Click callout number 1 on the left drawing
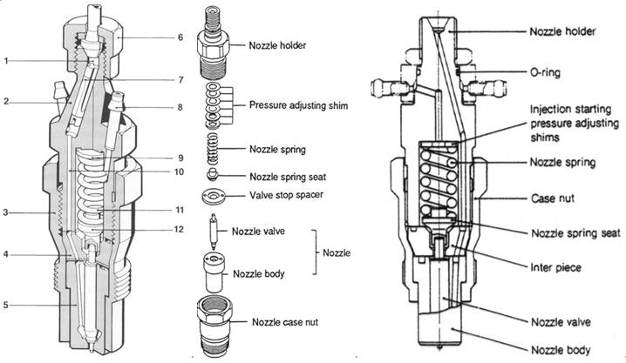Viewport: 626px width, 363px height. [6, 60]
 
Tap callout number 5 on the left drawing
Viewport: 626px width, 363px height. [6, 305]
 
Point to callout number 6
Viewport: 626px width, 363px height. [180, 37]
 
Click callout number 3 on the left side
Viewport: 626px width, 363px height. [6, 211]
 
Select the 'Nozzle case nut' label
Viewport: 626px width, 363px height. [284, 323]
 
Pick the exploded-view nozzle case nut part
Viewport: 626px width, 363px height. [214, 323]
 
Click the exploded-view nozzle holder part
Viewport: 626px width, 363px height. [214, 44]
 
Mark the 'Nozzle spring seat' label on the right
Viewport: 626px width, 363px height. [575, 232]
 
